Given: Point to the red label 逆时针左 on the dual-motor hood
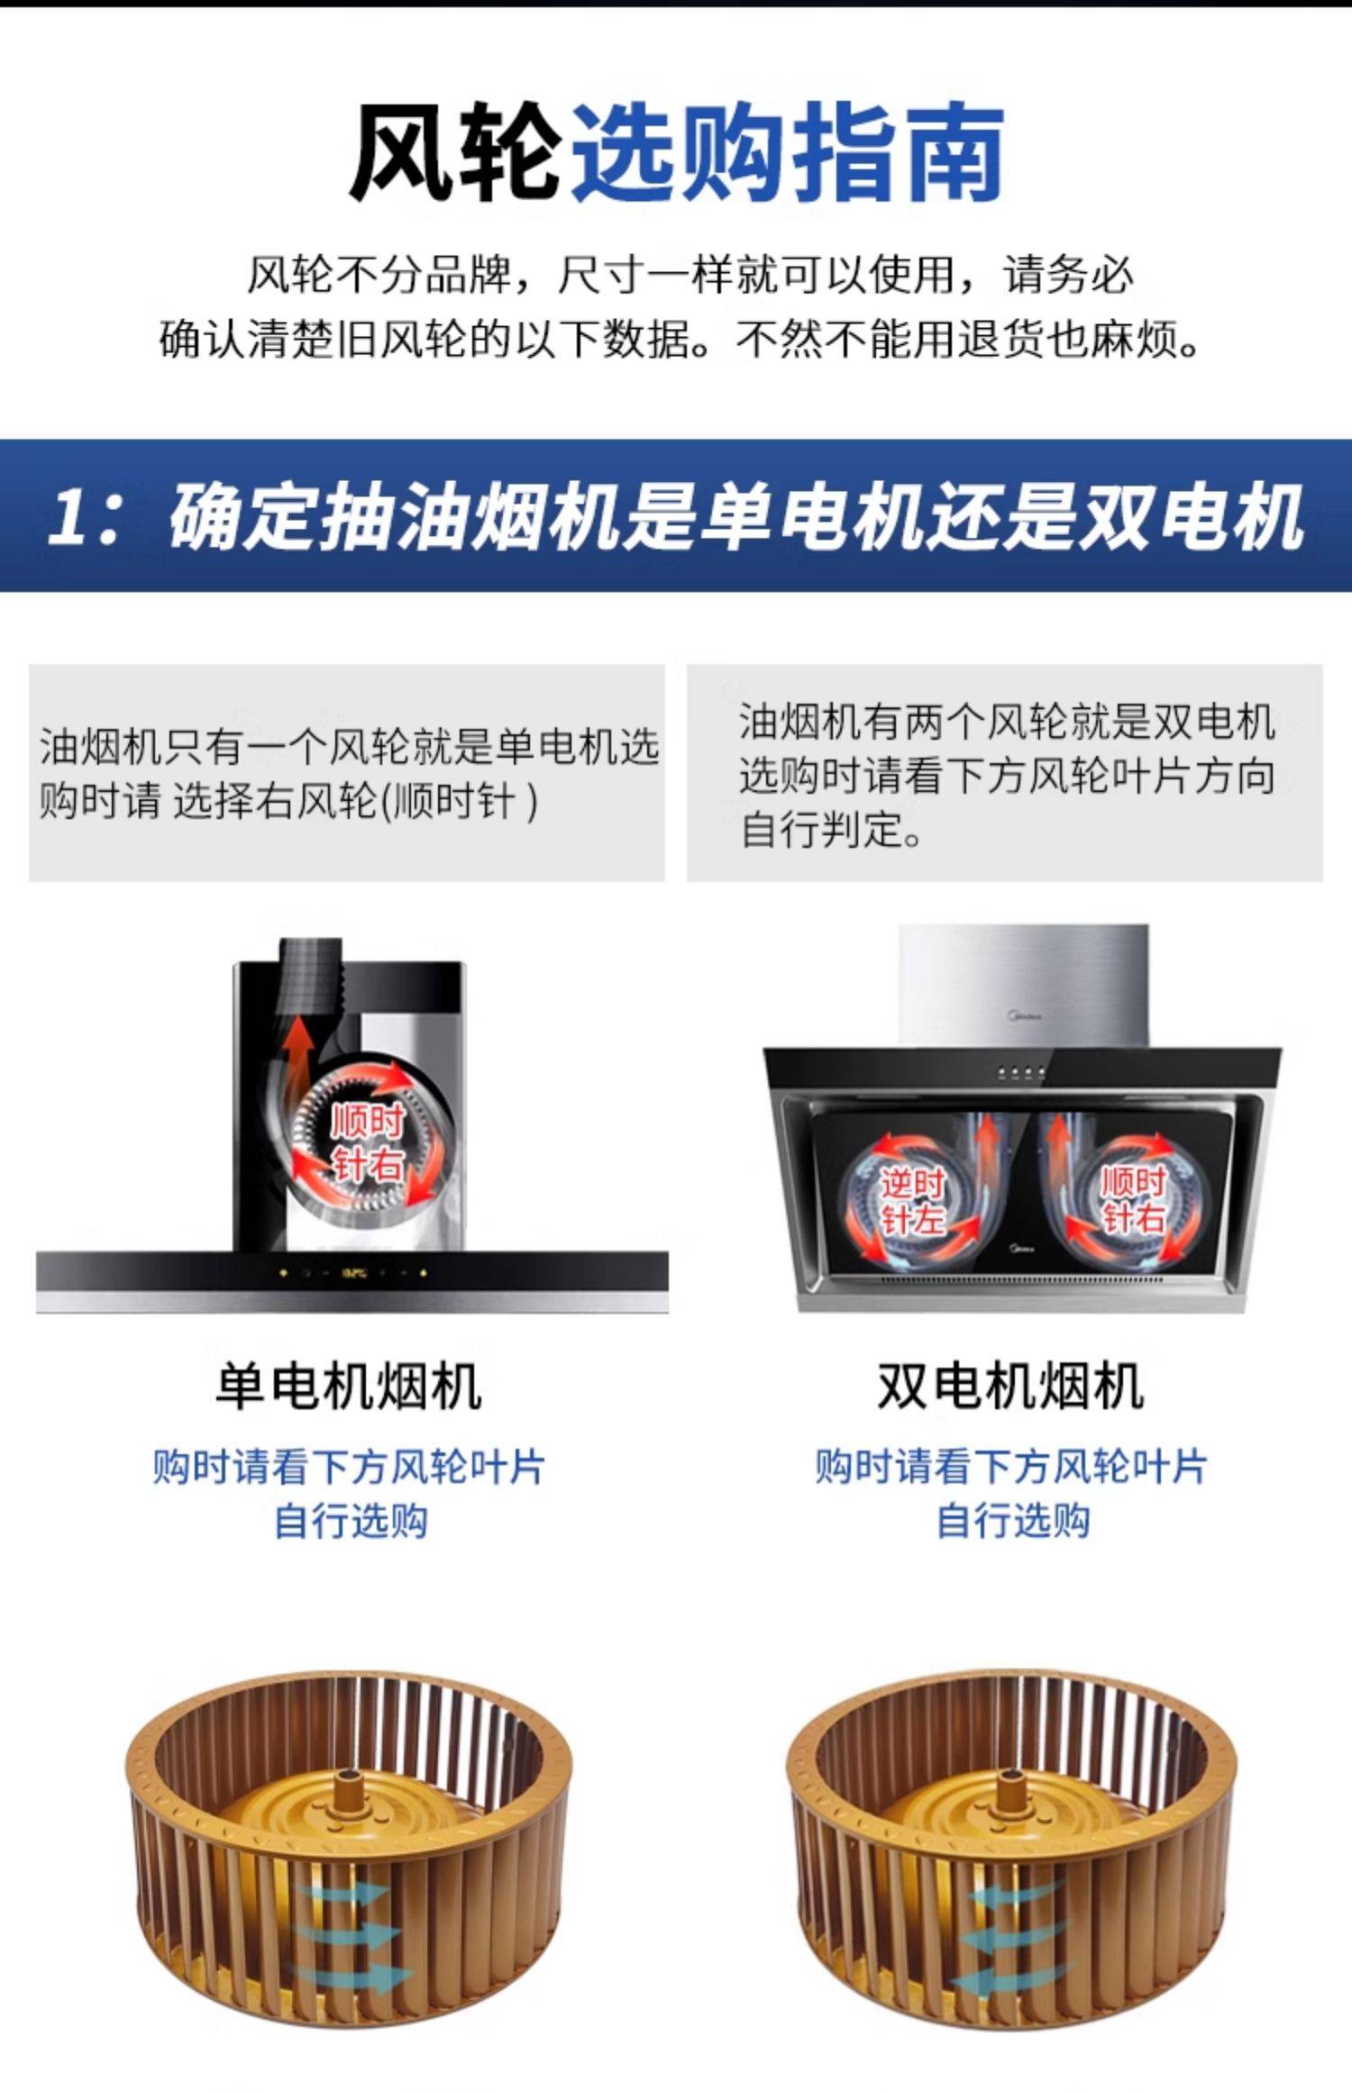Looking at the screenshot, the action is (912, 1201).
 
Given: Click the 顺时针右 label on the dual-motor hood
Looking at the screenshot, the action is (1133, 1199).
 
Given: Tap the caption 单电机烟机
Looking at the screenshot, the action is (348, 1386).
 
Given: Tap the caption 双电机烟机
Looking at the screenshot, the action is (1010, 1386).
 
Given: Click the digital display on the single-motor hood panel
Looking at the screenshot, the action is (353, 1274).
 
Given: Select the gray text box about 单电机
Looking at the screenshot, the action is (347, 773).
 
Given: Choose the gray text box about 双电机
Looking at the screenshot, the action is (1005, 773).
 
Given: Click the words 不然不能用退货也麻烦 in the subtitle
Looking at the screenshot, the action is (955, 340).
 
